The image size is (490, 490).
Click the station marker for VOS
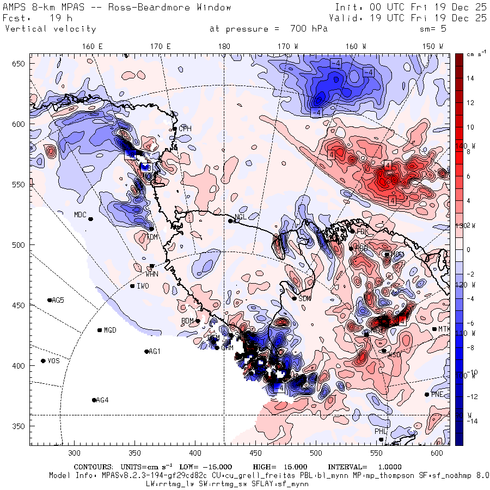click(x=43, y=361)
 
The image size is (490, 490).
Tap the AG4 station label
click(x=102, y=400)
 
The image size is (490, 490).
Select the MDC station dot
click(x=90, y=219)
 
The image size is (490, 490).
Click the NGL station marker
click(x=230, y=220)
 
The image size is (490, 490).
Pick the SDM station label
click(x=304, y=298)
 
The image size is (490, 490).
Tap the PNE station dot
click(x=427, y=395)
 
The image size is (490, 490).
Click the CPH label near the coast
click(x=186, y=128)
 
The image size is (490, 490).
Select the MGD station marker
click(x=100, y=330)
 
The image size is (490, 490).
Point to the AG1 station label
click(x=155, y=351)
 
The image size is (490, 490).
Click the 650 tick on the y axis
click(x=20, y=64)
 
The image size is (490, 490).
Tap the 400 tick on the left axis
click(x=20, y=365)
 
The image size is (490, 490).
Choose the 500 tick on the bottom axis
click(x=316, y=452)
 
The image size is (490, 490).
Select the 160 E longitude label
click(x=93, y=46)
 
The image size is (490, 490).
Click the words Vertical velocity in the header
click(x=50, y=29)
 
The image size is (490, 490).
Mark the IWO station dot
click(x=132, y=286)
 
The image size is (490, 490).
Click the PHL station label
click(x=380, y=431)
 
